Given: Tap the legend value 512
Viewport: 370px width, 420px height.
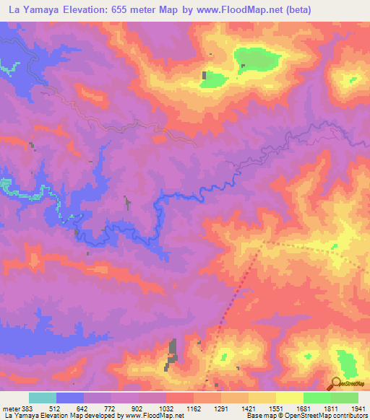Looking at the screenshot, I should (55, 408).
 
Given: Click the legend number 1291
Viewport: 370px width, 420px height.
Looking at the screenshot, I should (219, 408).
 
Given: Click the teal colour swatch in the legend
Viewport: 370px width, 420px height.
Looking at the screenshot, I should (43, 398).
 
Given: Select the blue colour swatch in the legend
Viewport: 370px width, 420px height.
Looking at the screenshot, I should (70, 398).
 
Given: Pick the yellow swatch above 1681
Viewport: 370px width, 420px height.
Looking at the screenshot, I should (289, 398).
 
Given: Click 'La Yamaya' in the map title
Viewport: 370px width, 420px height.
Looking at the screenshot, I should (30, 9).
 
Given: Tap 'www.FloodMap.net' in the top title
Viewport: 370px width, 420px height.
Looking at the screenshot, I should (236, 9).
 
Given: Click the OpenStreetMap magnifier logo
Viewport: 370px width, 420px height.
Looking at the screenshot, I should (337, 383).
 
